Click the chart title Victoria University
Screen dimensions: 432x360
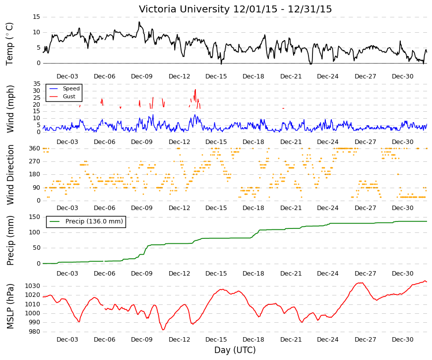coord(185,9)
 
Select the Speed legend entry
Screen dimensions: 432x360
coord(64,88)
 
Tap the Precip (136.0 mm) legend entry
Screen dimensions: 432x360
coord(86,221)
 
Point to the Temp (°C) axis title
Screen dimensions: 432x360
coord(9,44)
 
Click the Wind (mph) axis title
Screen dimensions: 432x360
coord(10,109)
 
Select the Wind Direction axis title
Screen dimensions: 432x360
coord(10,175)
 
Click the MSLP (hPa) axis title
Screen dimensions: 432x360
coord(10,306)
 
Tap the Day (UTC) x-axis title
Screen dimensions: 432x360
coord(235,350)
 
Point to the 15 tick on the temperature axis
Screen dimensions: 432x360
coord(36,17)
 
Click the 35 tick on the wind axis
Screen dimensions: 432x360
coord(37,84)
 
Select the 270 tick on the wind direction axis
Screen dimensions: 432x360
coord(35,161)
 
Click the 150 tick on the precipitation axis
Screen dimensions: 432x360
coord(35,217)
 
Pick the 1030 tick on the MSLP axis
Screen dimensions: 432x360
coord(33,286)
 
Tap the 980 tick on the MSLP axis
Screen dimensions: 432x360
coord(35,332)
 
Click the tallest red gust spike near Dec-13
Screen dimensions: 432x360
coord(195,90)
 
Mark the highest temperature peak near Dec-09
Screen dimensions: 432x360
coord(139,22)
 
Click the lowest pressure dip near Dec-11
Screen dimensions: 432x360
coord(163,330)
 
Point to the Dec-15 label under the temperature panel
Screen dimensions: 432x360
coord(216,76)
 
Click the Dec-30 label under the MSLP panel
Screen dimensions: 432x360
coord(403,340)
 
